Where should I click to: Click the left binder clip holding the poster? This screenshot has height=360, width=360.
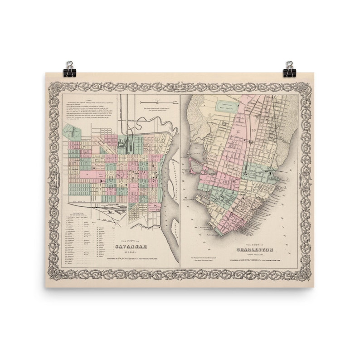tap(69, 69)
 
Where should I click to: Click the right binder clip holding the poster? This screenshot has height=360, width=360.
tap(289, 69)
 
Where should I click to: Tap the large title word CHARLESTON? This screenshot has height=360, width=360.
tap(255, 249)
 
